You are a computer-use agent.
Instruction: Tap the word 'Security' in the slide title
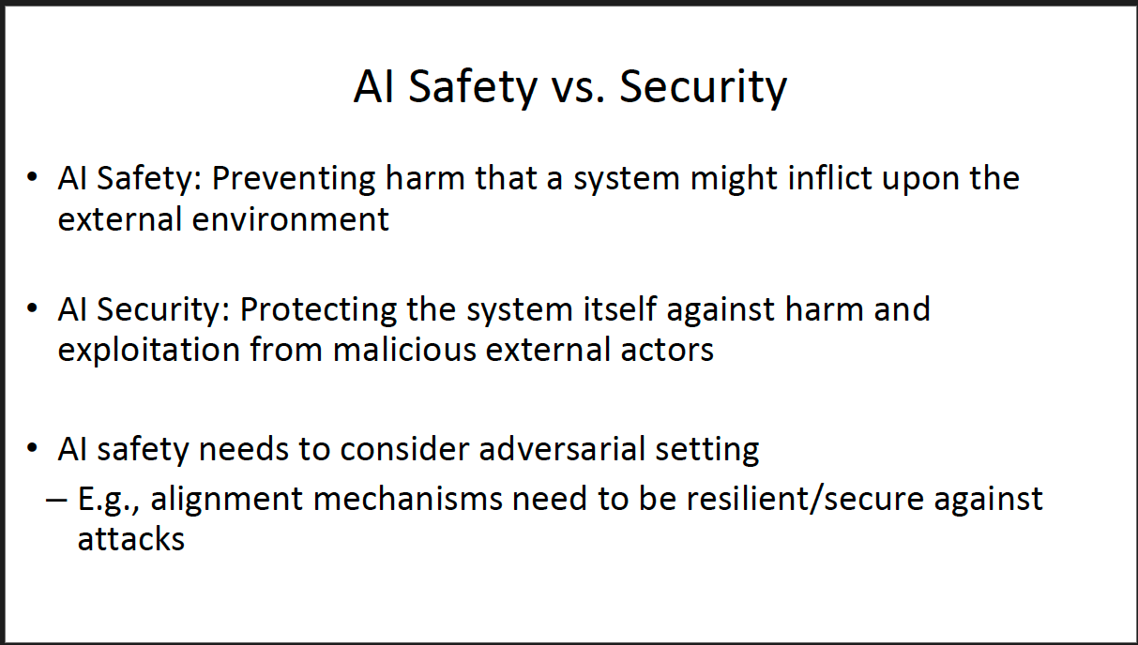point(703,87)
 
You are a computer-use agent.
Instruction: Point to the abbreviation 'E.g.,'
point(108,499)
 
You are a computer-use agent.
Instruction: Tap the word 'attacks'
point(130,539)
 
